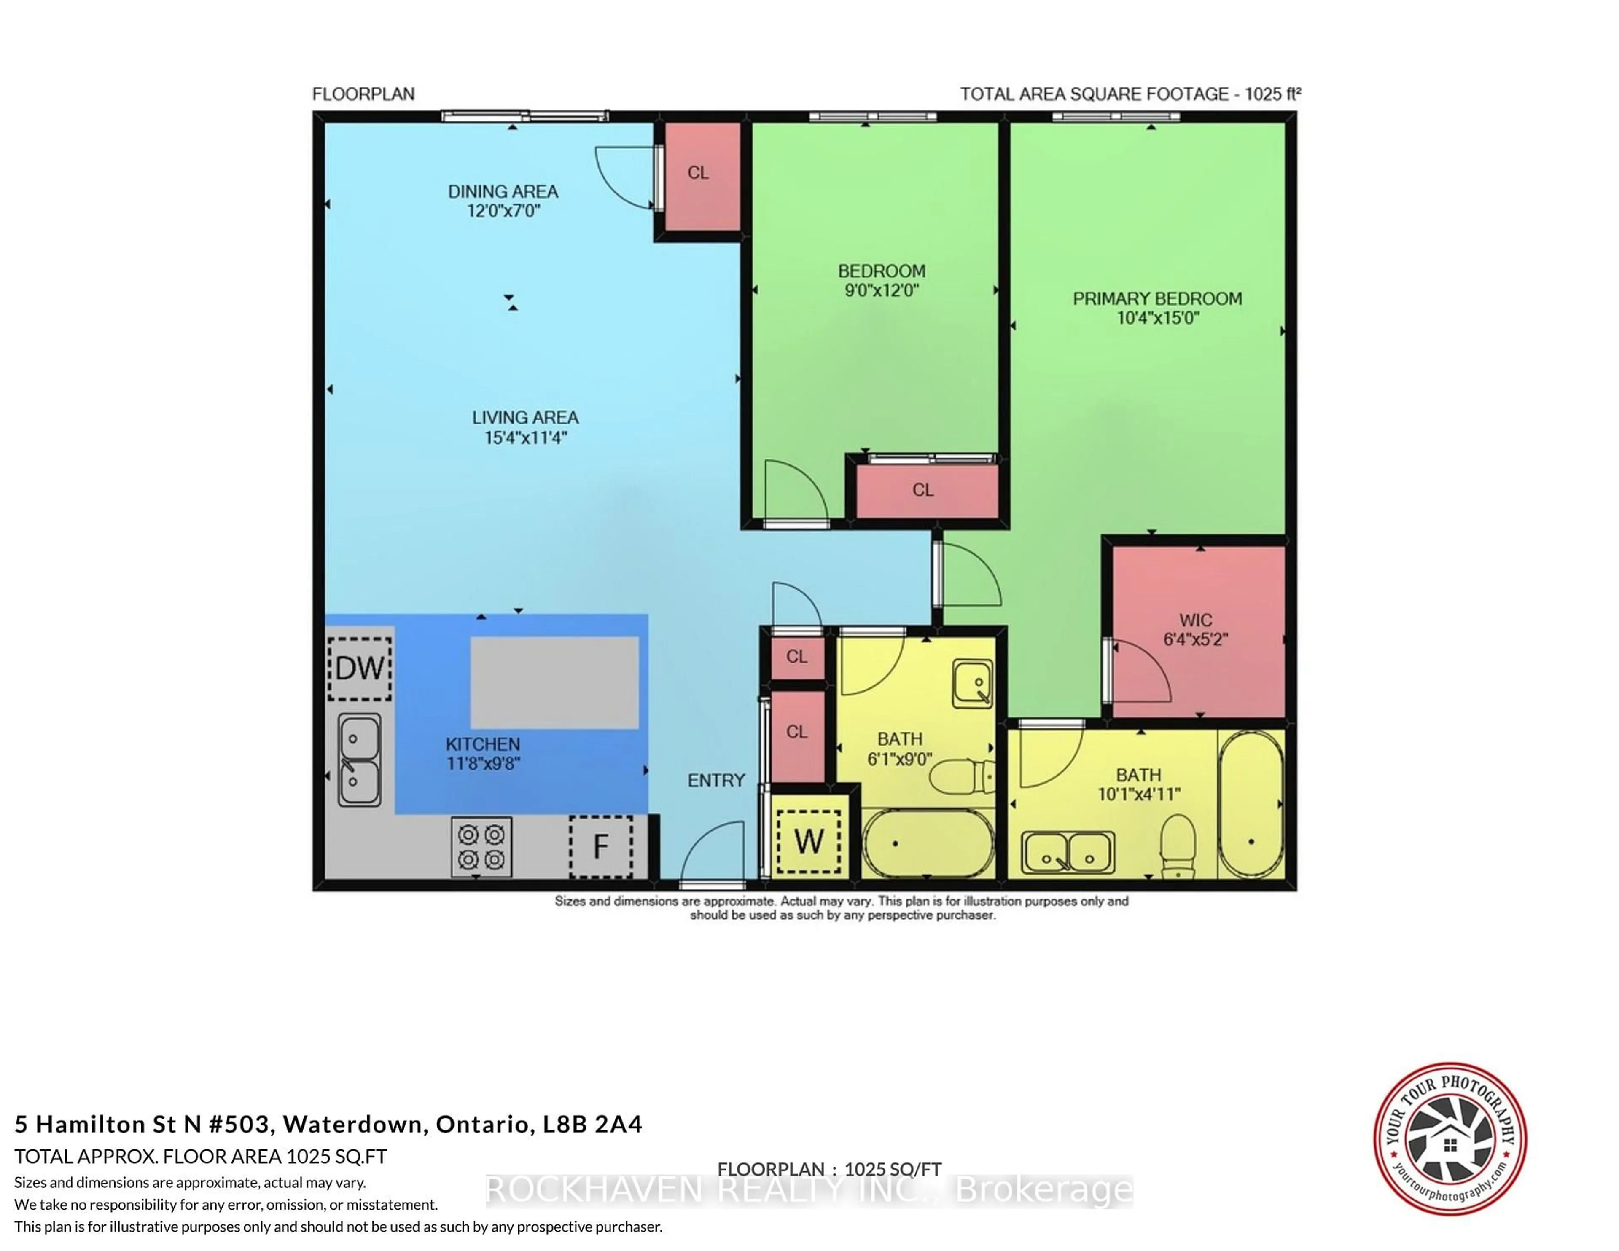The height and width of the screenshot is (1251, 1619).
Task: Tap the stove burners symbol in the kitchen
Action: coord(481,846)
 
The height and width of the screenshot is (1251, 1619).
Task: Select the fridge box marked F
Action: coord(600,846)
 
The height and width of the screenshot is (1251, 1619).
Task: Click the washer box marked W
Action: coord(808,841)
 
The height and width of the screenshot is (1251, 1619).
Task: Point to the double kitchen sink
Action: coord(360,760)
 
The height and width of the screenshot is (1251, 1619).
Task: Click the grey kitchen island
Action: coord(554,682)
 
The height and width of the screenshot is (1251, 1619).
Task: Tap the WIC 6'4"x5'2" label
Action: coord(1195,629)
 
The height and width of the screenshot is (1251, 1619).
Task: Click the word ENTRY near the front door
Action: coord(715,780)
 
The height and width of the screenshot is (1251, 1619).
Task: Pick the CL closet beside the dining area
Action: coord(698,173)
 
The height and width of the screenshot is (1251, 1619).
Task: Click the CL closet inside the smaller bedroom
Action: coord(923,490)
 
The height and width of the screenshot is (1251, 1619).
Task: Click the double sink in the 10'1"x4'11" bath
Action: coord(1068,852)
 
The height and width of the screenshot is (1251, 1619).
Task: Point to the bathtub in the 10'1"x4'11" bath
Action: coord(1251,804)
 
